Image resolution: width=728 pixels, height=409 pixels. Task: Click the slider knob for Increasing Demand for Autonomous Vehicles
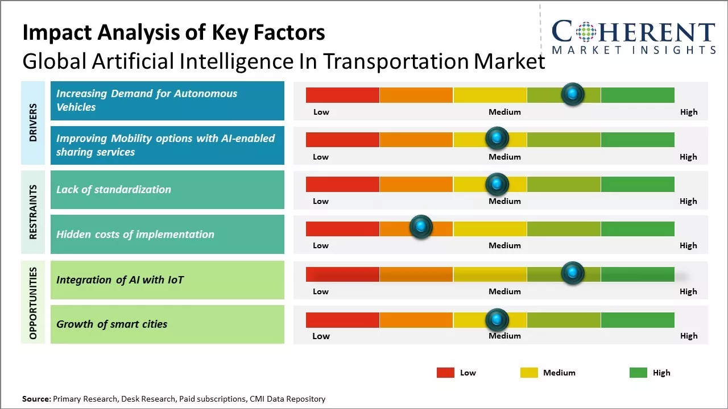click(573, 94)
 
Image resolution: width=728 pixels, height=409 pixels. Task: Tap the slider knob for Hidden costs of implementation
click(421, 227)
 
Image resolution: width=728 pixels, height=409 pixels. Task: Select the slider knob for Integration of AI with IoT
click(573, 273)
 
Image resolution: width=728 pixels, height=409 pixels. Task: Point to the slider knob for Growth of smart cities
click(497, 320)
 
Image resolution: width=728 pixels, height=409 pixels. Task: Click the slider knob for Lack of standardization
click(497, 184)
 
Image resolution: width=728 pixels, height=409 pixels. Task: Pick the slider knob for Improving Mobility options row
click(497, 138)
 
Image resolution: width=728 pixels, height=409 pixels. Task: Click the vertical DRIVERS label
click(33, 123)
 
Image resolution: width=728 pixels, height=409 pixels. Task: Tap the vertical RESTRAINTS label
click(33, 212)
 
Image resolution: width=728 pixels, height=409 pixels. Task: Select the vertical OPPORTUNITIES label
click(33, 303)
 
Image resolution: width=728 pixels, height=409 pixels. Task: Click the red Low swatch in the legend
click(445, 373)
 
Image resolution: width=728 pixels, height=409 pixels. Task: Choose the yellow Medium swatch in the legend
click(529, 373)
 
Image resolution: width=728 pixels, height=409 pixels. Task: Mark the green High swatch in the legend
click(638, 373)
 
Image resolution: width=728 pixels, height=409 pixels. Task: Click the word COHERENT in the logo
click(634, 32)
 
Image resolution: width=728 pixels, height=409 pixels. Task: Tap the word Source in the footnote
click(36, 399)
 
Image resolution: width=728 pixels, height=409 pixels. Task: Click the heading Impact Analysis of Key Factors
click(173, 33)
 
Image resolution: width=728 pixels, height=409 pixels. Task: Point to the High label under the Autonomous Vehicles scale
click(689, 112)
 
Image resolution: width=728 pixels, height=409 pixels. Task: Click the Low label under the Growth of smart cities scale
click(321, 336)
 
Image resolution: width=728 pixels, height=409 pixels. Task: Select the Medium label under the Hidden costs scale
click(504, 245)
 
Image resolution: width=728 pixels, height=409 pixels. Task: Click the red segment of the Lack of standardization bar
click(342, 184)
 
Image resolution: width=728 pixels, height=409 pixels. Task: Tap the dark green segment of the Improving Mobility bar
click(638, 139)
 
